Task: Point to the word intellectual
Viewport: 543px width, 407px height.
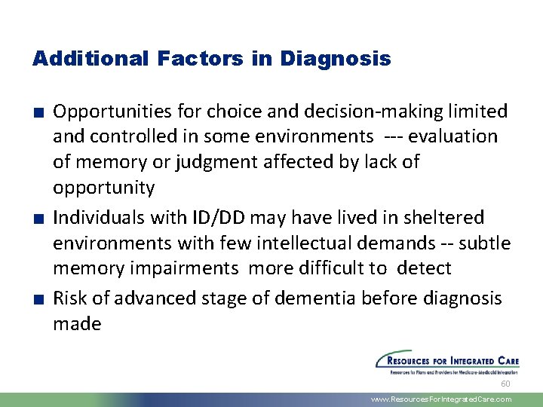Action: coord(291,243)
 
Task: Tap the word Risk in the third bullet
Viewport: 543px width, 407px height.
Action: coord(68,298)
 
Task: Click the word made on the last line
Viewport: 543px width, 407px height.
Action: coord(77,324)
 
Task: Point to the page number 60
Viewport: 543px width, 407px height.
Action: coord(505,384)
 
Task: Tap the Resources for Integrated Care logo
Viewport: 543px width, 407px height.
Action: coord(447,362)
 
